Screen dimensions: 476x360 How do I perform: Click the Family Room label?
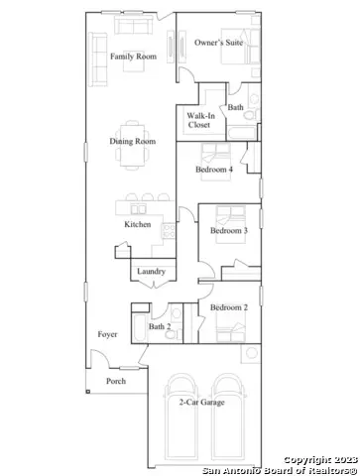[134, 57]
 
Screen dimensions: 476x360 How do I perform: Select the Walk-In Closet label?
[199, 120]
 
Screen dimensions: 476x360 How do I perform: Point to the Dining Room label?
[133, 142]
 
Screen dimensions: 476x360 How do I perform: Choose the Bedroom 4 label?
[214, 170]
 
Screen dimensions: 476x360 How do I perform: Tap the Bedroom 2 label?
[229, 307]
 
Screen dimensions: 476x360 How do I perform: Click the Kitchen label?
[138, 224]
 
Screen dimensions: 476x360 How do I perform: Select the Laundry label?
[151, 271]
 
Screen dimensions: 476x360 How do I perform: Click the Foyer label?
[107, 334]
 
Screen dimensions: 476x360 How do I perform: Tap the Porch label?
[116, 381]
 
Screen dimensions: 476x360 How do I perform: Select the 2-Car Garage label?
[200, 402]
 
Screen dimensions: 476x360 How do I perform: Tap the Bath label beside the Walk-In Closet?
[235, 107]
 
